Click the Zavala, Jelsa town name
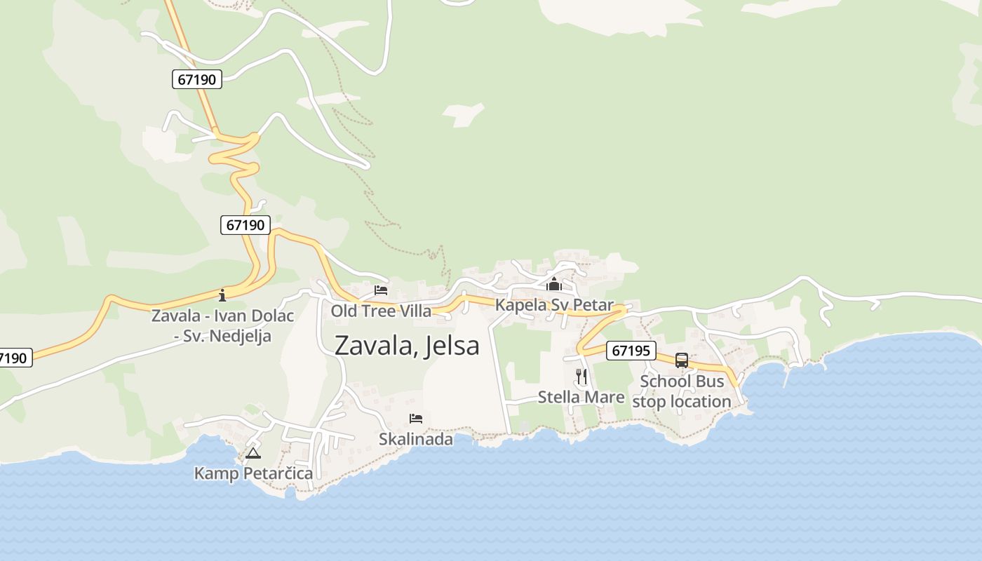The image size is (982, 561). click(407, 346)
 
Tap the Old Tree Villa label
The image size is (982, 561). click(381, 311)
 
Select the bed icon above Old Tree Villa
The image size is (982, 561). click(381, 290)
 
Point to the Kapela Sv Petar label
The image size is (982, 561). click(554, 305)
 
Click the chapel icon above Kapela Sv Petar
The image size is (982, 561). click(554, 285)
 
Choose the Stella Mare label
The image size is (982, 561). click(581, 397)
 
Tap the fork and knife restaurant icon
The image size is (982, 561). click(581, 377)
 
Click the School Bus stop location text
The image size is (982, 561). click(682, 392)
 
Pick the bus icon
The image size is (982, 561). click(682, 360)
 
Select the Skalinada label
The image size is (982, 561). click(416, 439)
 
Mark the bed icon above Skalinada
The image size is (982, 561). click(416, 419)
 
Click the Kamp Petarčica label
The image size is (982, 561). click(253, 473)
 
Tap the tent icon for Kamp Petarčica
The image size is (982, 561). click(253, 453)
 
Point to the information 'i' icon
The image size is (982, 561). click(222, 295)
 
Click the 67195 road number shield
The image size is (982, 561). click(631, 351)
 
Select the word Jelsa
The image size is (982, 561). click(453, 346)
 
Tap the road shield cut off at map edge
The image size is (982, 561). click(14, 358)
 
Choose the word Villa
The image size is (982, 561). click(414, 311)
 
